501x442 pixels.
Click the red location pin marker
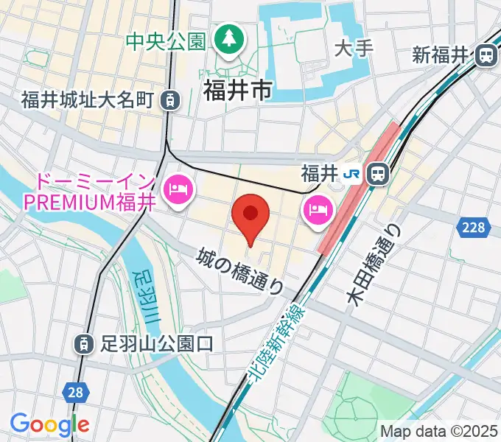250,215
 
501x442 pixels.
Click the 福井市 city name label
237,90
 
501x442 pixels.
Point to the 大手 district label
354,49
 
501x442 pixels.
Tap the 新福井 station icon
486,55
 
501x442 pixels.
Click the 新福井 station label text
441,55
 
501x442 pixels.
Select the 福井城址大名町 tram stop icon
170,99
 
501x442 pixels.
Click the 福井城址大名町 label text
86,99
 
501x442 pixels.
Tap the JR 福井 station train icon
378,174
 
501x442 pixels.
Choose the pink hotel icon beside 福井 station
318,211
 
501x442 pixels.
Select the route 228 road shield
474,227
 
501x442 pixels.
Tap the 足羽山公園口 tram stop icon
83,343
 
